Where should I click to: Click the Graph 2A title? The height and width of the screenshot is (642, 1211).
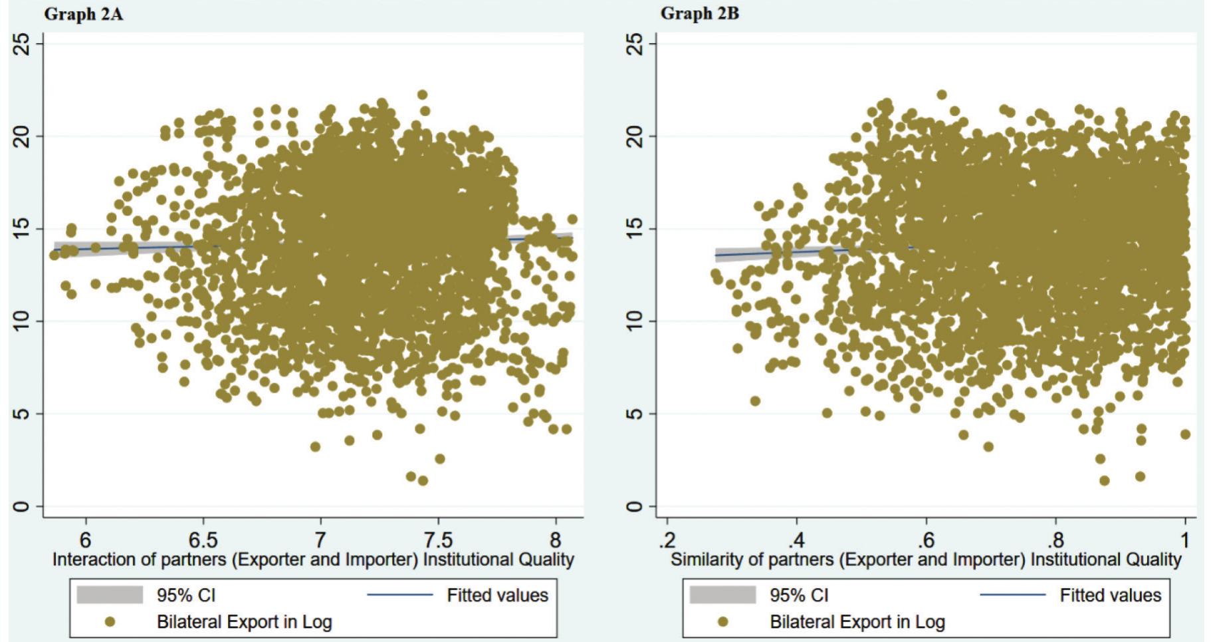84,14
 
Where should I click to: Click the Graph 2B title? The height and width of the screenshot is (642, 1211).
699,14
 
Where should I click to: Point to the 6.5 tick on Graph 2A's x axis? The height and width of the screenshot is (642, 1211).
203,539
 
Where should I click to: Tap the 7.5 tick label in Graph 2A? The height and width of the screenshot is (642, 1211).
437,539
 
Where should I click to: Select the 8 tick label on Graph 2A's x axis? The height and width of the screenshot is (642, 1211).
556,539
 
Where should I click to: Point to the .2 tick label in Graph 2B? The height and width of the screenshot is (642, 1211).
667,539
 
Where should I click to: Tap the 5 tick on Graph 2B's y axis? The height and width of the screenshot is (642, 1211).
636,414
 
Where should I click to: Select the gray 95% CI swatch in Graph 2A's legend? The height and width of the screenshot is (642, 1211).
110,595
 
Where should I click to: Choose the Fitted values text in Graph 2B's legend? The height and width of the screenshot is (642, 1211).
1110,595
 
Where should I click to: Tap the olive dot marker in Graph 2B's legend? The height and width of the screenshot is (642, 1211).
723,622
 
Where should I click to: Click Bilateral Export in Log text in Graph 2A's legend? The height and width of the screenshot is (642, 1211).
244,622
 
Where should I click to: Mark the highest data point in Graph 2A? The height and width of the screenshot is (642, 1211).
422,95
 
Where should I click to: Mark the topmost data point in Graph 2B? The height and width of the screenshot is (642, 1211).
941,95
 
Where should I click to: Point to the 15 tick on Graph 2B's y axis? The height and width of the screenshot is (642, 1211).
636,229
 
